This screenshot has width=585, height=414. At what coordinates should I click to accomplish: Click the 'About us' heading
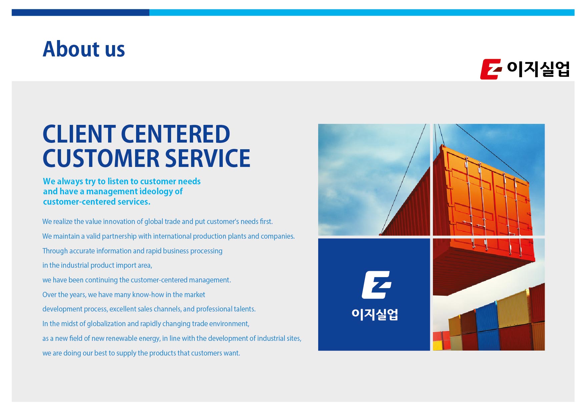pos(84,49)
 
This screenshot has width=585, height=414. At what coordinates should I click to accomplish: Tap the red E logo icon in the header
pos(491,69)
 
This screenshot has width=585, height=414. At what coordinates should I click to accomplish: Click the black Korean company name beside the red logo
pos(538,69)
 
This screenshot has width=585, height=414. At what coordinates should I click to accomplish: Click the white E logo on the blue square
pos(376,285)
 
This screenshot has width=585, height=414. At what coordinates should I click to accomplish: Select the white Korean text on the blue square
pos(375,314)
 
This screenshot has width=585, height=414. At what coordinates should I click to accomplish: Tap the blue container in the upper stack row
pos(487,317)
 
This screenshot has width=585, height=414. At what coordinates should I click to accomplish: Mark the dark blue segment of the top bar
pos(80,12)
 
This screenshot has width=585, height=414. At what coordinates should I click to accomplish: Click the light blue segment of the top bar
pos(362,12)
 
